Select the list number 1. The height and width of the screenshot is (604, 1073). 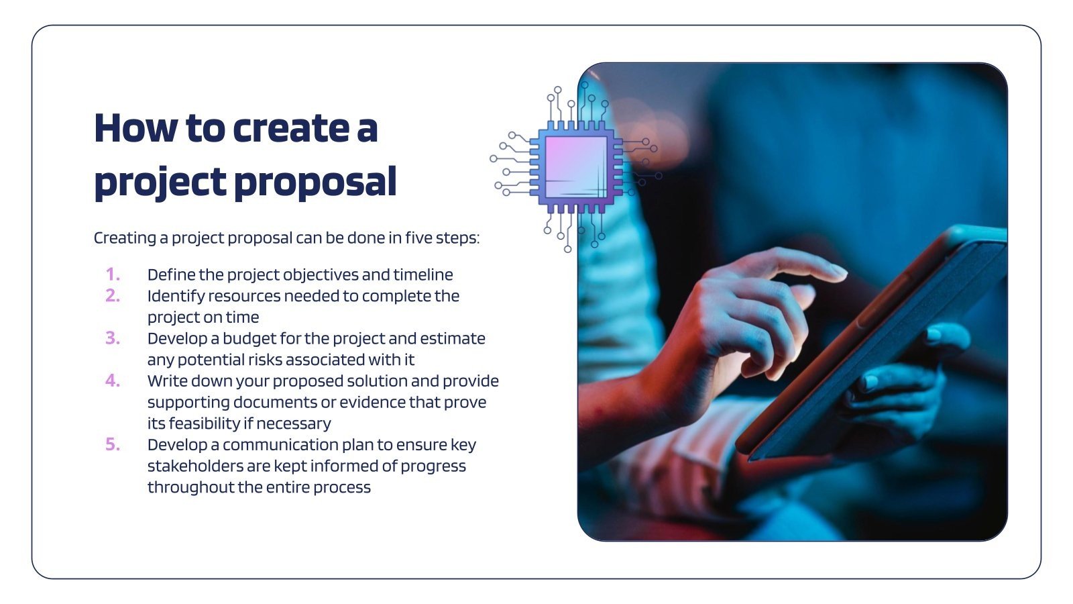pyautogui.click(x=113, y=274)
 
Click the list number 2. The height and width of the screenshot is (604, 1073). pyautogui.click(x=113, y=296)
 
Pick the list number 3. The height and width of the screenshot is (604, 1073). pyautogui.click(x=113, y=338)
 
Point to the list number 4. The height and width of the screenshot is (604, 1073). pyautogui.click(x=113, y=381)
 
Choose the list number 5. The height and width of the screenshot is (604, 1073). pyautogui.click(x=113, y=444)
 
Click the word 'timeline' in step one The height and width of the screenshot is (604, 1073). pyautogui.click(x=422, y=274)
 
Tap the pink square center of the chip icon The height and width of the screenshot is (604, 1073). pyautogui.click(x=575, y=167)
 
